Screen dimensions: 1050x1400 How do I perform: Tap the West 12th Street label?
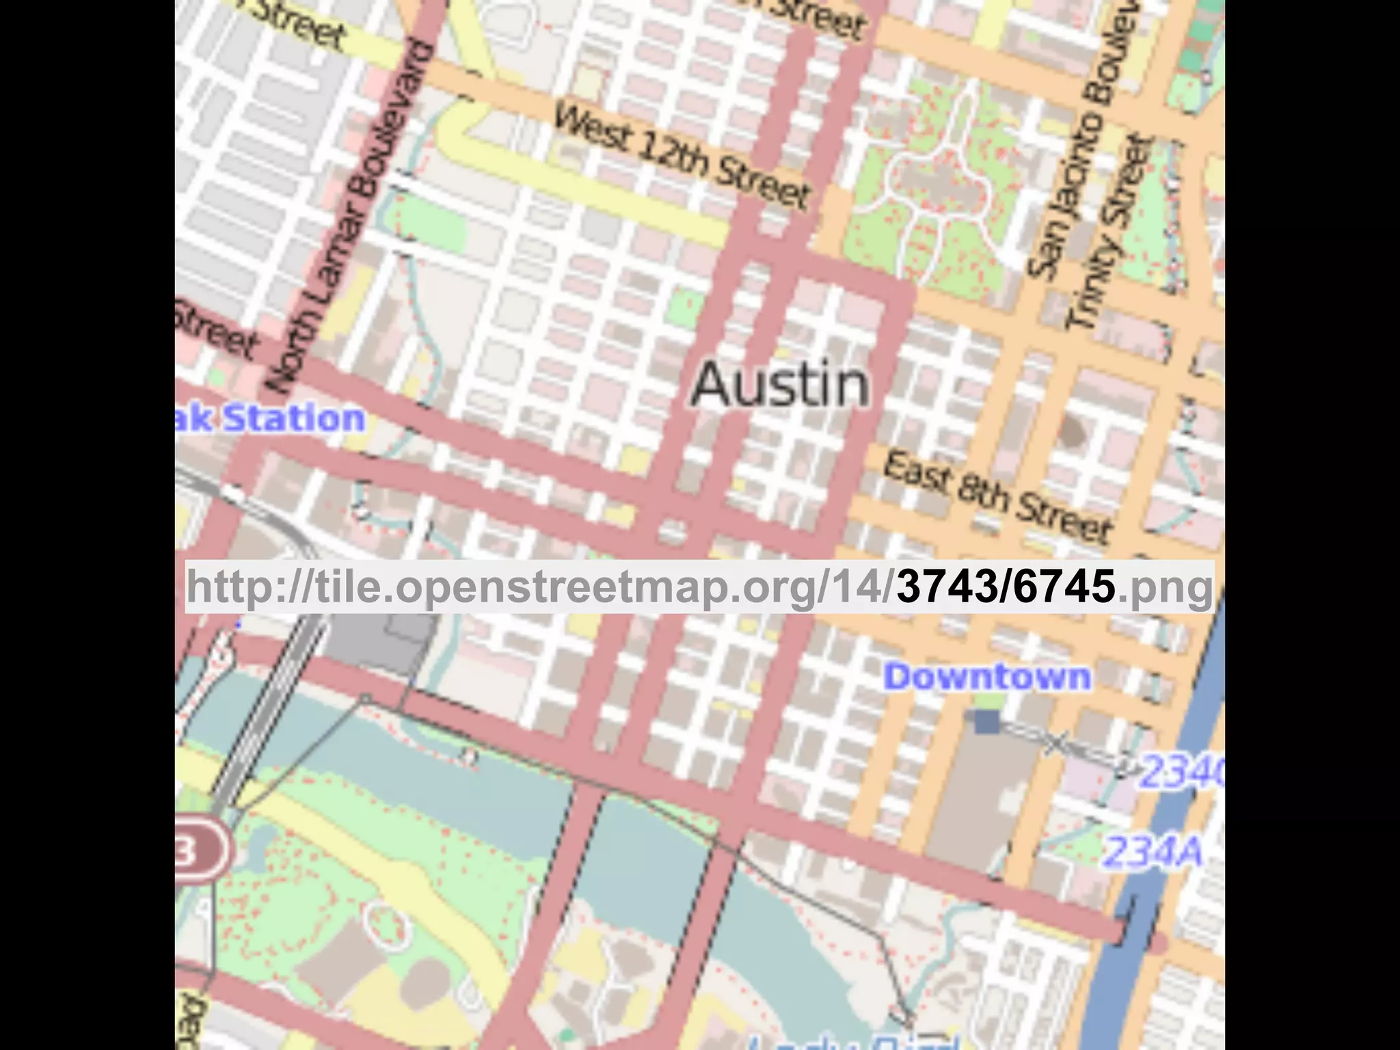click(x=682, y=156)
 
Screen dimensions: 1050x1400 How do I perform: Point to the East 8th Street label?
click(x=997, y=497)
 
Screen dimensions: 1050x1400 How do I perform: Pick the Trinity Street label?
click(x=1111, y=232)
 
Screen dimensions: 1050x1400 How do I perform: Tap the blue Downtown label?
click(x=987, y=677)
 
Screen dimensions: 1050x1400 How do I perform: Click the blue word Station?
click(x=294, y=418)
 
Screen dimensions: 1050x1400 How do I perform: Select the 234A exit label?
click(x=1153, y=852)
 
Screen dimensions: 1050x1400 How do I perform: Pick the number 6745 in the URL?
click(x=1064, y=587)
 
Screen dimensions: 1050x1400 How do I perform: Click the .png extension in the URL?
click(x=1165, y=587)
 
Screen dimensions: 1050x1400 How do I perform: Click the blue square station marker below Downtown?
click(x=986, y=721)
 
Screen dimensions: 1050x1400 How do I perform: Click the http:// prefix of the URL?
click(x=249, y=587)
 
